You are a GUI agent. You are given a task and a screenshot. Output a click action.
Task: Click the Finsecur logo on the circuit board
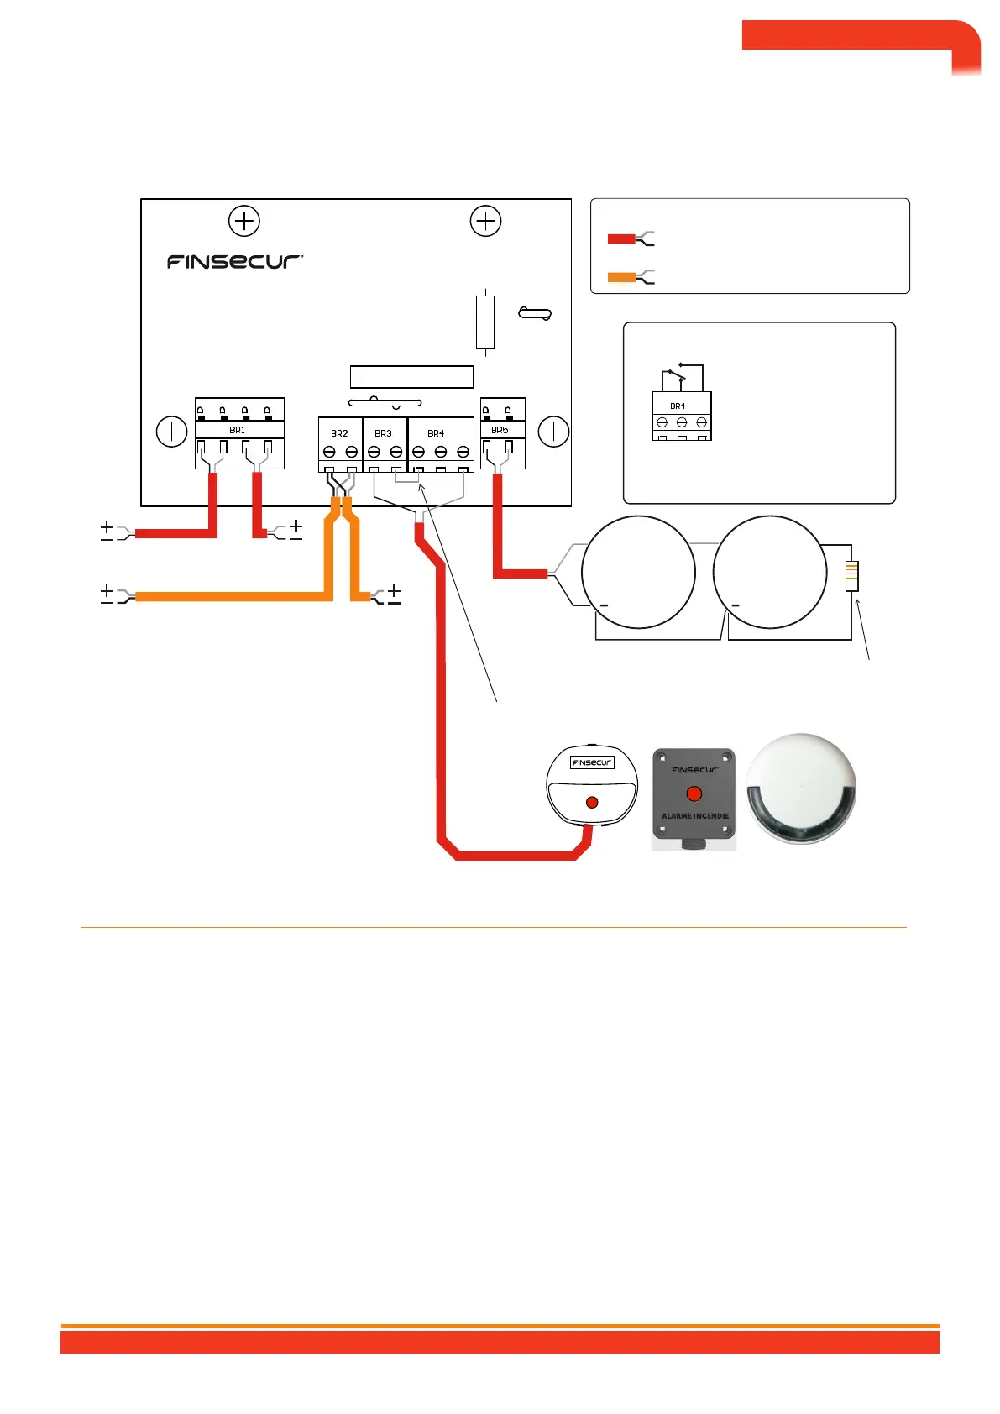pyautogui.click(x=234, y=262)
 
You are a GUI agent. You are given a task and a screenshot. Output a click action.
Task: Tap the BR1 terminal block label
pyautogui.click(x=238, y=430)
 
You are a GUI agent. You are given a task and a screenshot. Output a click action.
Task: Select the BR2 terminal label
pyautogui.click(x=339, y=433)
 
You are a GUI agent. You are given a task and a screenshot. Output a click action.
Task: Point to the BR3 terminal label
pyautogui.click(x=383, y=433)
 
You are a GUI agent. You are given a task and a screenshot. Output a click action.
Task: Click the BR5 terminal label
pyautogui.click(x=500, y=430)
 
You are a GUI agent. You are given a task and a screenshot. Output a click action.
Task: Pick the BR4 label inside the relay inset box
pyautogui.click(x=678, y=406)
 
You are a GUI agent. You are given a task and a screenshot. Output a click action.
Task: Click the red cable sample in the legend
pyautogui.click(x=621, y=239)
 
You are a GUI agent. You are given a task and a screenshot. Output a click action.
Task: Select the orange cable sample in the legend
pyautogui.click(x=621, y=277)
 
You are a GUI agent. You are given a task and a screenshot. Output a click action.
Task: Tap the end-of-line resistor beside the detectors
pyautogui.click(x=852, y=575)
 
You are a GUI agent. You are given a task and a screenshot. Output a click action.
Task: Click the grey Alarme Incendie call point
pyautogui.click(x=694, y=799)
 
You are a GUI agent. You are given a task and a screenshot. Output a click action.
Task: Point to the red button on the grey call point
pyautogui.click(x=694, y=793)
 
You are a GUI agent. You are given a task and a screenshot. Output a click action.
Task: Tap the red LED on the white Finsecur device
pyautogui.click(x=592, y=803)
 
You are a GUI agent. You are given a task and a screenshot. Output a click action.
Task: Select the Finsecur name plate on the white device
pyautogui.click(x=592, y=762)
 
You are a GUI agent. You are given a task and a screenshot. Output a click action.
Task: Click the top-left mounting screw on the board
pyautogui.click(x=244, y=221)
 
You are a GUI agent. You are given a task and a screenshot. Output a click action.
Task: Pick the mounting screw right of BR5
pyautogui.click(x=553, y=432)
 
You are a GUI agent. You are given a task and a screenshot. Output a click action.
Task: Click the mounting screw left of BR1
pyautogui.click(x=172, y=432)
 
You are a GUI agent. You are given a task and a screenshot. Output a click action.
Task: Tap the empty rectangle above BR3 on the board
pyautogui.click(x=411, y=376)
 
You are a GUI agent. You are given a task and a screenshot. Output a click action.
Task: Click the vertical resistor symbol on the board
pyautogui.click(x=485, y=322)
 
